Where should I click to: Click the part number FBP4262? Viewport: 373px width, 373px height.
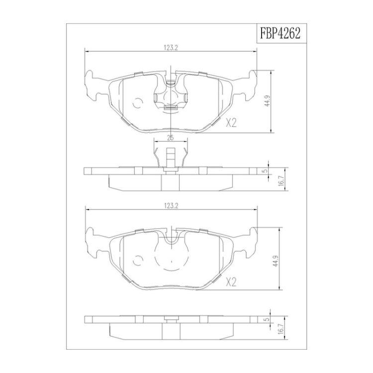[280, 33]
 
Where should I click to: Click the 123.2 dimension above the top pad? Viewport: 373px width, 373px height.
[171, 48]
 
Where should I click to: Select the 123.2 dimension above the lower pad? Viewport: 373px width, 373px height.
[171, 206]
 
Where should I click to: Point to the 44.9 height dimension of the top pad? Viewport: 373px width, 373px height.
[268, 100]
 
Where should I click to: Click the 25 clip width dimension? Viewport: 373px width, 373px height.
[170, 138]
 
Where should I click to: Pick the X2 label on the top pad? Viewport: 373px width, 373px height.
[231, 123]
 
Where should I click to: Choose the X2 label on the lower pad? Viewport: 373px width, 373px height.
[231, 282]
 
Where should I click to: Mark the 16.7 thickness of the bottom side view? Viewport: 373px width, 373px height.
[282, 330]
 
